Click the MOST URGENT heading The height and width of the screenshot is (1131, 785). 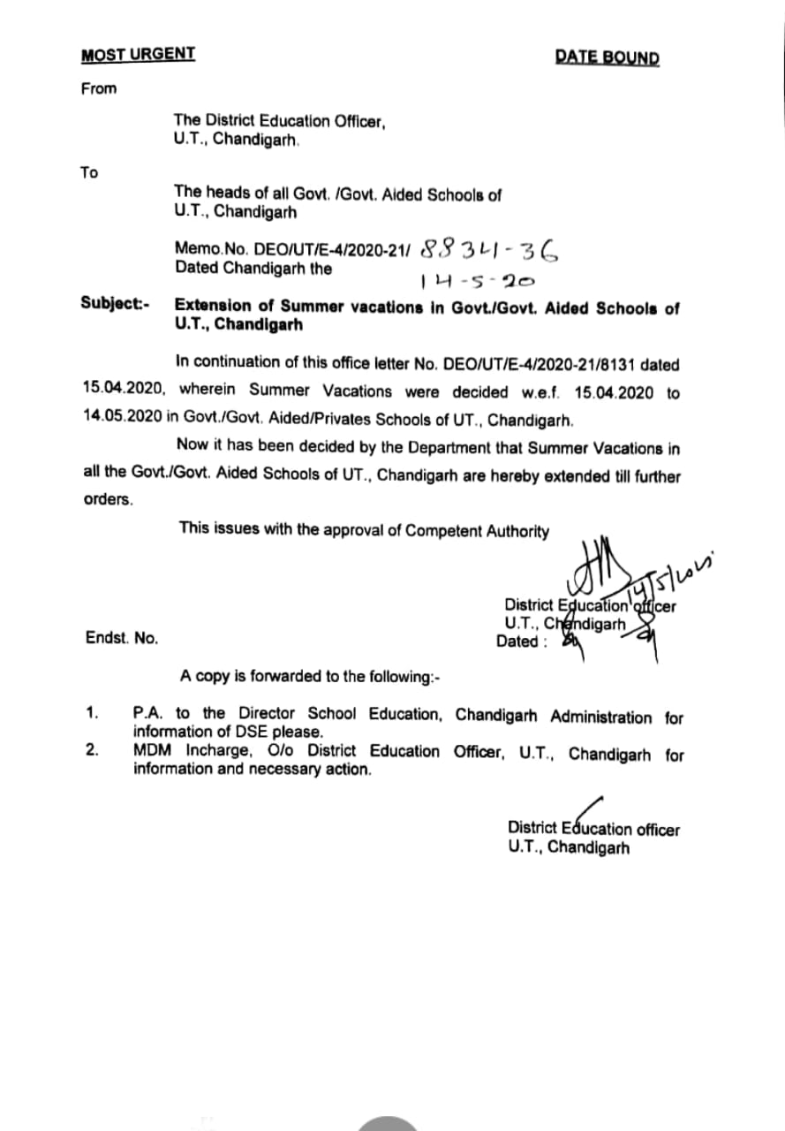pyautogui.click(x=138, y=54)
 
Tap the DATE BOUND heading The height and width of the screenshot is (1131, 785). pyautogui.click(x=607, y=58)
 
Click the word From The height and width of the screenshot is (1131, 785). pyautogui.click(x=99, y=88)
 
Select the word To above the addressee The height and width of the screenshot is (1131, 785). pyautogui.click(x=89, y=172)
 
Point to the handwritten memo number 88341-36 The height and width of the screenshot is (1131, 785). pyautogui.click(x=490, y=251)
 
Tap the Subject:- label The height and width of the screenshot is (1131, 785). pyautogui.click(x=116, y=304)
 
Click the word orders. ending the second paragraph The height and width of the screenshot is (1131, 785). pyautogui.click(x=109, y=499)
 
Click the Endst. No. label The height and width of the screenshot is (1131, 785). pyautogui.click(x=122, y=638)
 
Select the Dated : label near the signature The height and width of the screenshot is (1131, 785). pyautogui.click(x=521, y=642)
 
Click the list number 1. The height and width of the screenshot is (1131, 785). pyautogui.click(x=91, y=712)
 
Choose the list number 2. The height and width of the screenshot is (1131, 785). pyautogui.click(x=92, y=751)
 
